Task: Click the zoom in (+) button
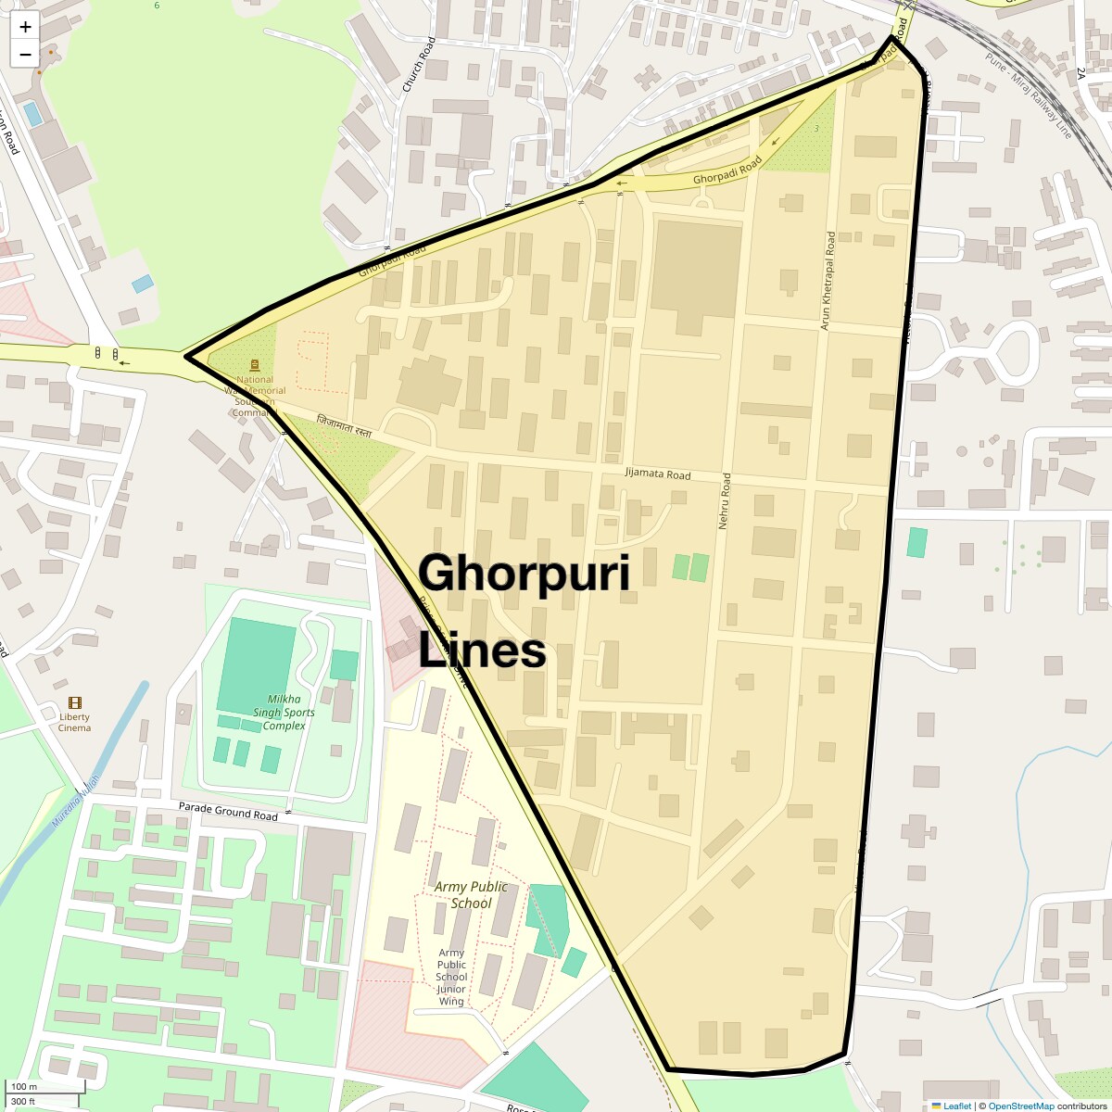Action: click(x=25, y=27)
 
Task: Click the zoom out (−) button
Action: click(x=25, y=54)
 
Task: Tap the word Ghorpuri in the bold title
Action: click(x=524, y=573)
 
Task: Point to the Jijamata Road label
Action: click(x=658, y=474)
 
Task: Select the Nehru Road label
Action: click(x=726, y=500)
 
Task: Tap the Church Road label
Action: click(x=418, y=65)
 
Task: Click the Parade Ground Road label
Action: click(x=228, y=812)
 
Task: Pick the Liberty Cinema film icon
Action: click(x=74, y=704)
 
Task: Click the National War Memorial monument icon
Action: click(x=255, y=365)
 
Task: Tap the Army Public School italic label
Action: click(x=471, y=894)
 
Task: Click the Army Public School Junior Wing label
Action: click(x=451, y=977)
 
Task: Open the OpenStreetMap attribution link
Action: click(x=1020, y=1106)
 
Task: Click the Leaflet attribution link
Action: click(x=956, y=1106)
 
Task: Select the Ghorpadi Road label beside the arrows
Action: click(x=727, y=171)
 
